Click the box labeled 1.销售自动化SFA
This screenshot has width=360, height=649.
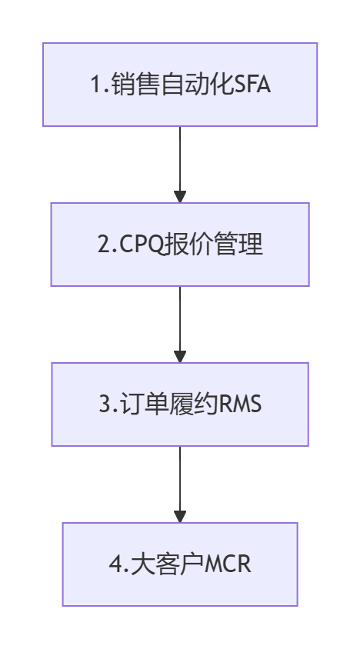pos(180,85)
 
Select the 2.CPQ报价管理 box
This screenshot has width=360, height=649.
pos(180,245)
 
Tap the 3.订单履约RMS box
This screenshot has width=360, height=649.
pos(180,404)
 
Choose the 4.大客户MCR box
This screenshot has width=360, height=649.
pos(180,564)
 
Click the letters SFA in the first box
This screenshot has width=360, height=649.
pos(252,85)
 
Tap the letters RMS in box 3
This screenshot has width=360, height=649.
pos(240,404)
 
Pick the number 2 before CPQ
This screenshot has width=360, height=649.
pos(104,245)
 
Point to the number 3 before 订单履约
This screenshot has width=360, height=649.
pos(105,404)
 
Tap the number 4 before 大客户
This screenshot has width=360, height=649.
pos(115,564)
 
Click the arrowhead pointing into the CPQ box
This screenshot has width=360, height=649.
pos(180,197)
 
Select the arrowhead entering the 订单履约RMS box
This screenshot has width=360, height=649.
pos(180,357)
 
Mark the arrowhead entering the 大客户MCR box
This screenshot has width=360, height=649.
pos(180,517)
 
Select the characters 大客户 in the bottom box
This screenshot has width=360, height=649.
pos(168,564)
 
